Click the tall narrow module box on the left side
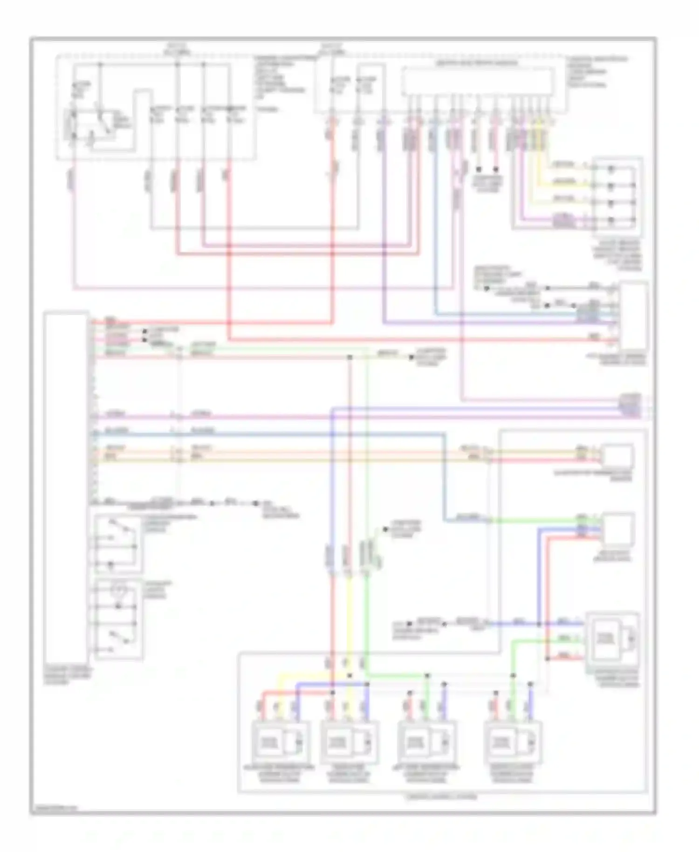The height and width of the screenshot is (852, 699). [66, 489]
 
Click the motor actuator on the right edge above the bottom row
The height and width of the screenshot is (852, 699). [612, 638]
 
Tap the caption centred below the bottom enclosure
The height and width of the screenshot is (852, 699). [442, 797]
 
